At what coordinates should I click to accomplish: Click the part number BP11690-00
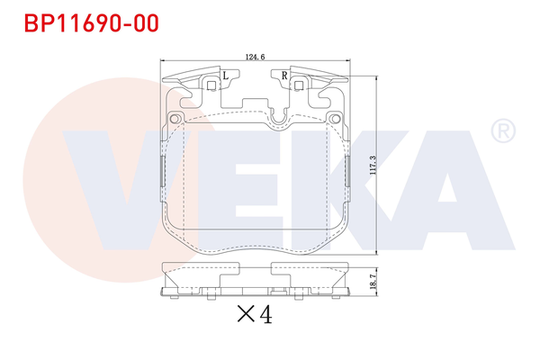(x=86, y=21)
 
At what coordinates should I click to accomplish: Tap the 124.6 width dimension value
(x=254, y=57)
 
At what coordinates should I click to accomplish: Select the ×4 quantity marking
(x=253, y=315)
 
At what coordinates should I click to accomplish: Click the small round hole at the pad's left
(x=175, y=119)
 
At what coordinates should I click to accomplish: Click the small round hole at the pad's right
(x=334, y=119)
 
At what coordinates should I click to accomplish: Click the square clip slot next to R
(x=298, y=85)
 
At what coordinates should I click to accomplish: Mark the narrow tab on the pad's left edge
(x=162, y=171)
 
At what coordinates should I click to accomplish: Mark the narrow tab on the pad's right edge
(x=347, y=171)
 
